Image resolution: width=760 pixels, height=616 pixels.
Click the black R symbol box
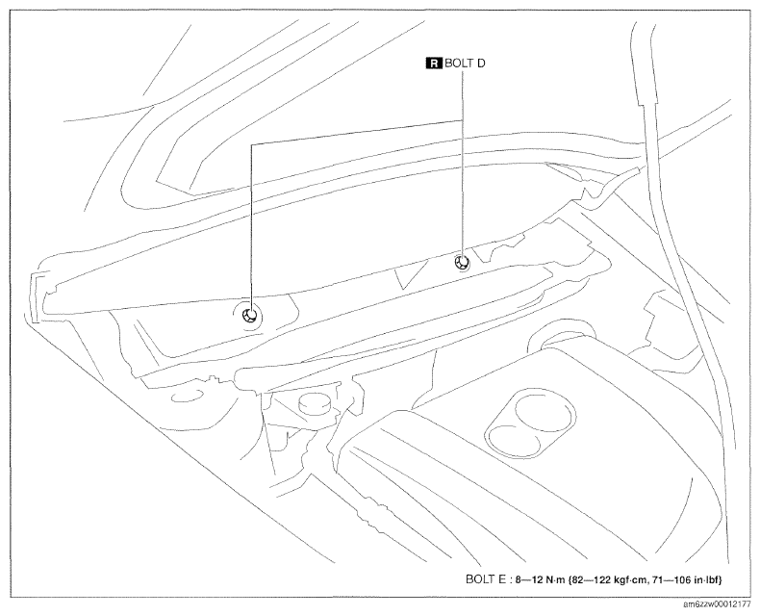[x=434, y=64]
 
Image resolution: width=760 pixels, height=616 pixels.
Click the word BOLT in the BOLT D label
[x=459, y=64]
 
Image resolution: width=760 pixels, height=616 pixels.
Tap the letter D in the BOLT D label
[x=480, y=64]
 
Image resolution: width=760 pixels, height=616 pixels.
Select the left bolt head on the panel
[x=250, y=316]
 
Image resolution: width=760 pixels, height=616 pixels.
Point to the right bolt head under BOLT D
[x=462, y=263]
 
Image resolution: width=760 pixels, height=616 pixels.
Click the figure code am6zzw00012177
[x=719, y=604]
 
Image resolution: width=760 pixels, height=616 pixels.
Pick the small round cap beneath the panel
[x=314, y=404]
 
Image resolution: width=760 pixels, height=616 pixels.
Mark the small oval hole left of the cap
[x=186, y=398]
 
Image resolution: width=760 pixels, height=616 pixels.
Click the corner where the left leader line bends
[x=251, y=144]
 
